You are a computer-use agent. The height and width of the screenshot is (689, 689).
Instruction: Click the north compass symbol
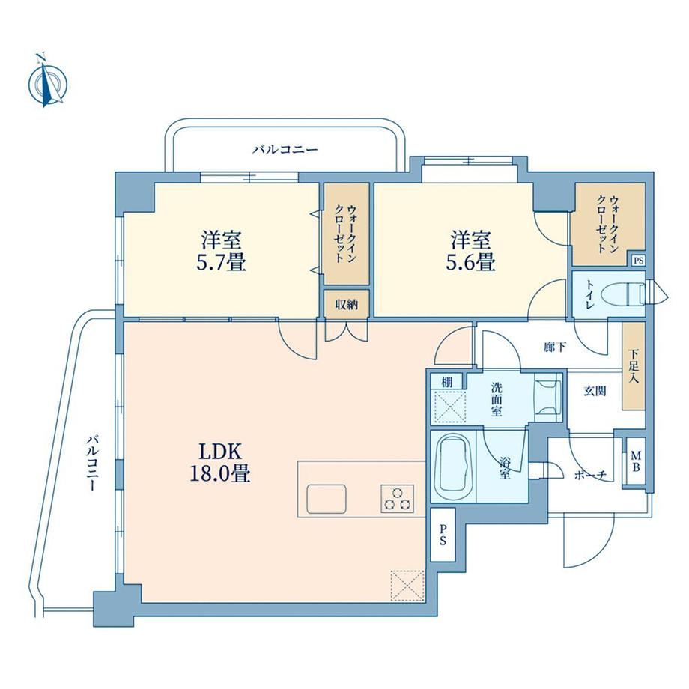click(47, 82)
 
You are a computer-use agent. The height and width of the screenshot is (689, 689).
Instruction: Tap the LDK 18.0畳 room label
click(220, 462)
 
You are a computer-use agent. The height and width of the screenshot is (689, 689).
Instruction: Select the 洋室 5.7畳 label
click(221, 252)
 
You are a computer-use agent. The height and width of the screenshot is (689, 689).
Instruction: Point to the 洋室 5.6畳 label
click(470, 252)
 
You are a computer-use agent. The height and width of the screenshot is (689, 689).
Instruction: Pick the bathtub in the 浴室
click(452, 467)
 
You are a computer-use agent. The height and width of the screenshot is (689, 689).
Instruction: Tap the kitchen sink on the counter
click(327, 499)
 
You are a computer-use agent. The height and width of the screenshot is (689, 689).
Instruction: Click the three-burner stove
click(398, 499)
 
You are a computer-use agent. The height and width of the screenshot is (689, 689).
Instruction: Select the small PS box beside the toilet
click(639, 261)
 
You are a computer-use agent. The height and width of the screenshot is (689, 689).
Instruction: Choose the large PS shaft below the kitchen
click(443, 534)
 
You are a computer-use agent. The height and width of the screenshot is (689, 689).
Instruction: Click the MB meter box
click(635, 461)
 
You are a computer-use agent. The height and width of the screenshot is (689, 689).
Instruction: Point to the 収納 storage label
click(347, 304)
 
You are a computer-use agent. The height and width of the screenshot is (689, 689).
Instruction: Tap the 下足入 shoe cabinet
click(633, 366)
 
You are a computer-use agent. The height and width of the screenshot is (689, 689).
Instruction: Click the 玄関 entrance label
click(595, 391)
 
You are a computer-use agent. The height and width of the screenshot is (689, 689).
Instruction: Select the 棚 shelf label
click(447, 382)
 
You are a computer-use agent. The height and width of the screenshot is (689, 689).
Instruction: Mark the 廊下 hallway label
click(555, 347)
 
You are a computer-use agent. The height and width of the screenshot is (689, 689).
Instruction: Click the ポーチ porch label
click(591, 475)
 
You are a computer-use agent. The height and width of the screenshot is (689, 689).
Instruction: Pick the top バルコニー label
click(285, 149)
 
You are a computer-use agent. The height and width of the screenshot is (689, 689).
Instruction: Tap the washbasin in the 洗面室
click(547, 397)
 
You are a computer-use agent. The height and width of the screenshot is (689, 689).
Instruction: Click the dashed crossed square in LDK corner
click(407, 586)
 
